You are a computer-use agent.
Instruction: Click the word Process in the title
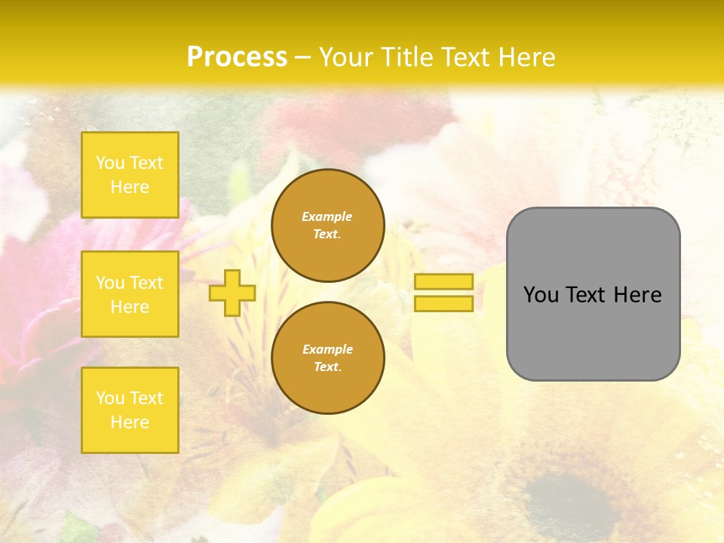point(237,57)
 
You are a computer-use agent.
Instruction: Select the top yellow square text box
point(130,175)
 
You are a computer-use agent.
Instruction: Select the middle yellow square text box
point(130,294)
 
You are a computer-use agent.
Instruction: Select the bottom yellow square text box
point(130,410)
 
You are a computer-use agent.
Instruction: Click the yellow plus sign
point(232,293)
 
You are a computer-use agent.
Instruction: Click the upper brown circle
point(328,225)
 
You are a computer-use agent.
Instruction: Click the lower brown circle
point(328,358)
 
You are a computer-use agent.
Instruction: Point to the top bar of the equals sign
point(443,281)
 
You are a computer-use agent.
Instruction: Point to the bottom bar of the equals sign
point(443,304)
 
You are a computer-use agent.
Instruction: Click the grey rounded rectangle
point(593,332)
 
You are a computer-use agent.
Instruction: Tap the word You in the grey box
point(541,295)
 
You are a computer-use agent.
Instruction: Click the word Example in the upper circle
point(327,216)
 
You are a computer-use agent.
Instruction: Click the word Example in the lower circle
point(327,349)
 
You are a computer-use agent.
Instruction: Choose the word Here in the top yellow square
point(130,187)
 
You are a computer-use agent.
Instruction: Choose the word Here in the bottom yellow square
point(130,422)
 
